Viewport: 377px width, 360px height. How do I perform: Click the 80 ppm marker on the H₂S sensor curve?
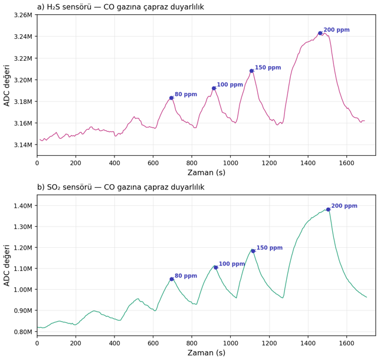point(171,98)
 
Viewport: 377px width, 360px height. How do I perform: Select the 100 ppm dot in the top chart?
point(214,89)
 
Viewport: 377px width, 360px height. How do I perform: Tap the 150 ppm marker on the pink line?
point(251,71)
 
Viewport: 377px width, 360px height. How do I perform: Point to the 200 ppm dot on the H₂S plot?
point(320,33)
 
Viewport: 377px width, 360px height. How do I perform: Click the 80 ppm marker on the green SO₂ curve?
point(172,279)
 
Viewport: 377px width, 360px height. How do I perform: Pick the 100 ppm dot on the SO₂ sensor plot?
point(216,267)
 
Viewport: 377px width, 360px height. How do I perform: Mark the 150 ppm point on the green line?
point(253,251)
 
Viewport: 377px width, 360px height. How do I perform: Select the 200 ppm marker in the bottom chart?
point(328,210)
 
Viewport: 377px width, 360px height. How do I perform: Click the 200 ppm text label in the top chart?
point(336,30)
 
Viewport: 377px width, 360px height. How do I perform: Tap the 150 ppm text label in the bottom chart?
point(270,248)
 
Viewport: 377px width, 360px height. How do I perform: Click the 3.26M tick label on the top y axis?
point(23,15)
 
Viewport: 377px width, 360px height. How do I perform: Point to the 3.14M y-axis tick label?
point(23,145)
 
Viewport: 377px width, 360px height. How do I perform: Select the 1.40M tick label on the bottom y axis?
point(23,205)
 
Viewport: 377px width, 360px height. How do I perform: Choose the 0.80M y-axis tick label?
point(23,332)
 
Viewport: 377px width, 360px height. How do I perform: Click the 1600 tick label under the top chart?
point(346,163)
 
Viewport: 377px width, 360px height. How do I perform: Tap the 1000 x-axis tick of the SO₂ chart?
point(231,343)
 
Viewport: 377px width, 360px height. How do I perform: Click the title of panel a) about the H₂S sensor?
point(120,7)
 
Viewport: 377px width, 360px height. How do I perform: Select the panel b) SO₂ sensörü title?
point(121,187)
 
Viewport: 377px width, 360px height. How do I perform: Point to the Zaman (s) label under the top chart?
point(206,173)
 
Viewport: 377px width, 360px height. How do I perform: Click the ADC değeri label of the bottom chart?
point(6,266)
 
